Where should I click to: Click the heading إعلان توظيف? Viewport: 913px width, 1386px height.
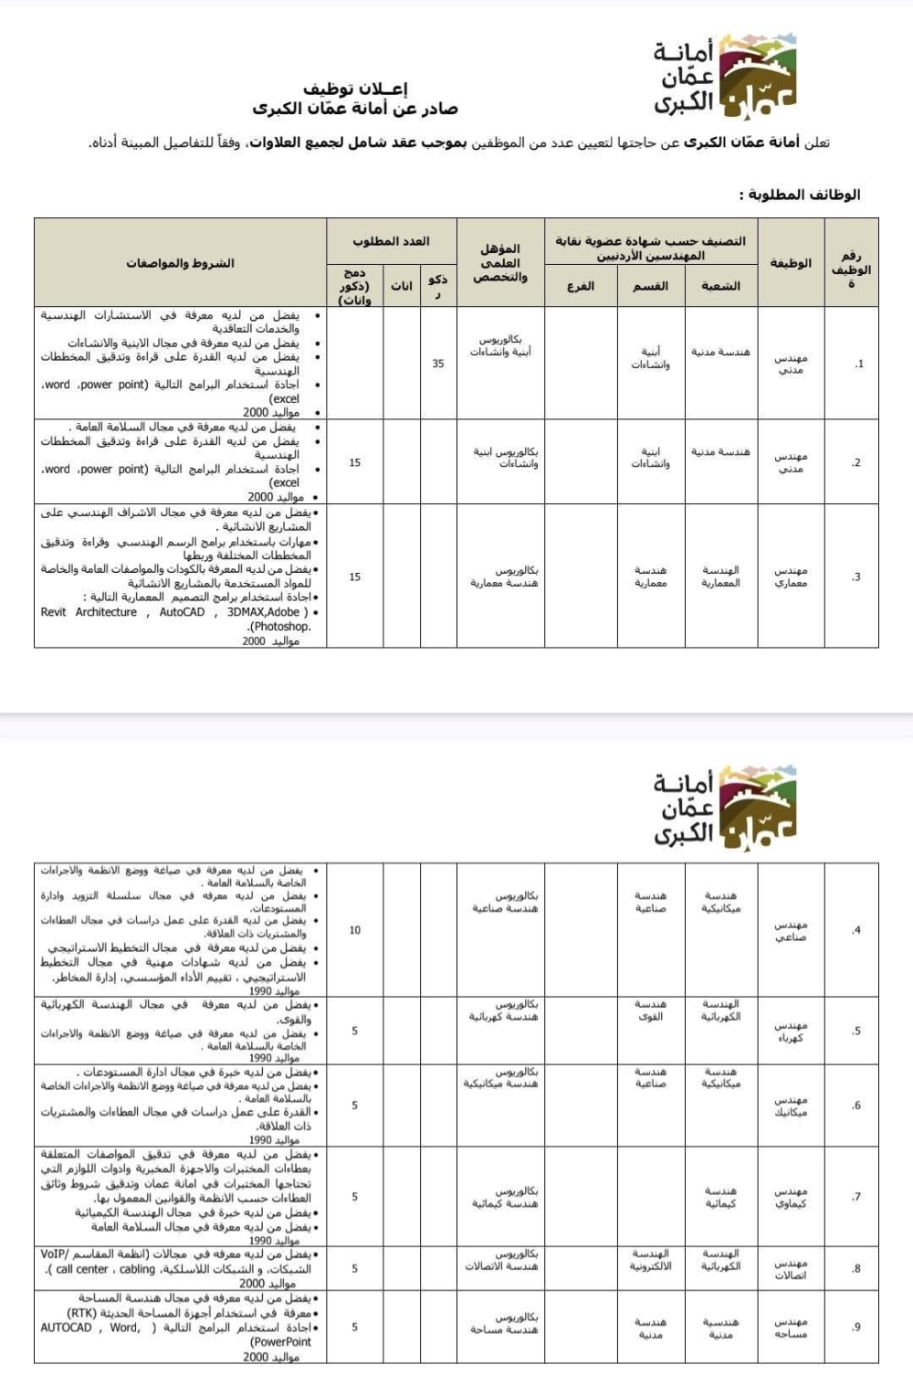coord(368,89)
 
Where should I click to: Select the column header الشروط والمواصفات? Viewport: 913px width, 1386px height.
coord(180,263)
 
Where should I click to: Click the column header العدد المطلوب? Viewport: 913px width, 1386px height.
coord(391,241)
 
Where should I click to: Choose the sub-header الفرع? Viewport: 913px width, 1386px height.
coord(580,286)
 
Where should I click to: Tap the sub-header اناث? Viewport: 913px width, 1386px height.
coord(402,286)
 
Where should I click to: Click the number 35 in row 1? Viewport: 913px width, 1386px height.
coord(438,364)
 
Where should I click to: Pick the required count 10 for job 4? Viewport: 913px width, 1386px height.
coord(355,930)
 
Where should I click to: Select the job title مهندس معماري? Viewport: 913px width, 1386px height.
coord(791,577)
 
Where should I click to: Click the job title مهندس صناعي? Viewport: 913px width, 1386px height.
coord(791,930)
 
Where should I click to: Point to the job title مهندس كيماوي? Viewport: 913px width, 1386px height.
coord(791,1197)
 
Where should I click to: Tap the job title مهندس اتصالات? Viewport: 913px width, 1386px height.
coord(791,1269)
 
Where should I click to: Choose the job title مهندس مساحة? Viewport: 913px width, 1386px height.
coord(791,1328)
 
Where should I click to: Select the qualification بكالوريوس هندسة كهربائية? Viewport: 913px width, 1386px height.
coord(505,1010)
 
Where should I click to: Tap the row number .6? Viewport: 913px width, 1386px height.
coord(855,1106)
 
